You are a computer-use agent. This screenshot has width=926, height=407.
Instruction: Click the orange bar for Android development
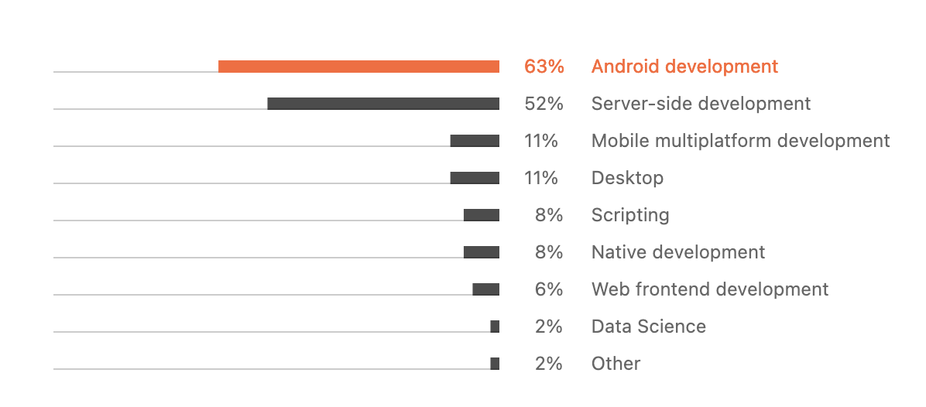pos(358,67)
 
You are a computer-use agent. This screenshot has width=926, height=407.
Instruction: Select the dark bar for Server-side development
pos(383,104)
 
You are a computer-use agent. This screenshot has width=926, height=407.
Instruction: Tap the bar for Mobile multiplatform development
pos(475,141)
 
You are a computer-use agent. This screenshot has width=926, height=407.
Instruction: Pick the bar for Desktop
pos(475,178)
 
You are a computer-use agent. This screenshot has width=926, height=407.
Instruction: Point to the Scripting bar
pos(482,215)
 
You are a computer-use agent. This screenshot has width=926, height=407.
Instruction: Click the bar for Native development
pos(482,252)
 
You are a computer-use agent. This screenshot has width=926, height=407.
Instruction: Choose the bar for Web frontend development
pos(486,289)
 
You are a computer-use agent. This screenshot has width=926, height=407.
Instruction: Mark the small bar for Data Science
pos(495,327)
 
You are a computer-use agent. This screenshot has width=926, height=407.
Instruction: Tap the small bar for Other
pos(495,364)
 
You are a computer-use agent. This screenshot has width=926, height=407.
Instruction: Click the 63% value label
pos(544,67)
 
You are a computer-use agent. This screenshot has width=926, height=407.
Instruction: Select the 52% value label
pos(544,104)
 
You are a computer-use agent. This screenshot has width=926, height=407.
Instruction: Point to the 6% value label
pos(548,289)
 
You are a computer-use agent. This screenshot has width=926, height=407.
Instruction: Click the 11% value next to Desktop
pos(541,178)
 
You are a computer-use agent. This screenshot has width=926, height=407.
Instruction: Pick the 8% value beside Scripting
pos(548,215)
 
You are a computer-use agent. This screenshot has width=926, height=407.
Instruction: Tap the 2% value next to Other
pos(548,364)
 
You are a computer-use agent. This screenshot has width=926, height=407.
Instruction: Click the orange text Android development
pos(684,67)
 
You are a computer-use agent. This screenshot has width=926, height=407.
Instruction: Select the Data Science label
pos(648,327)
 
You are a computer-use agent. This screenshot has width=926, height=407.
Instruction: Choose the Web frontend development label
pos(709,289)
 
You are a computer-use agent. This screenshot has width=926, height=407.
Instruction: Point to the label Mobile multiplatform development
pos(740,141)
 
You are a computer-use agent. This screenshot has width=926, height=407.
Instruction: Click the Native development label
pos(677,252)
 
